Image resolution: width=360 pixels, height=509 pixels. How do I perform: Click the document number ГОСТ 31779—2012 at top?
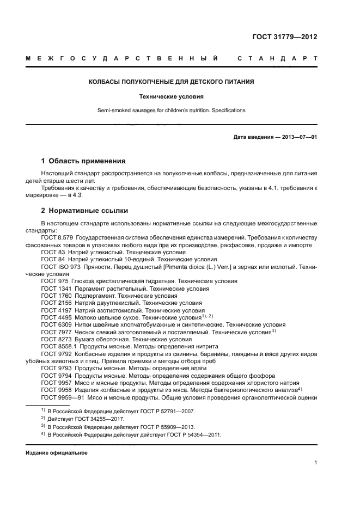[284, 37]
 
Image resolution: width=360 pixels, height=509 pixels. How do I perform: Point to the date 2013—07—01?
[298, 137]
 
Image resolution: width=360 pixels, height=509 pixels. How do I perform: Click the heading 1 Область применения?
[83, 161]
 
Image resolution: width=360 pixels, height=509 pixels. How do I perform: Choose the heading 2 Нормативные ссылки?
[84, 210]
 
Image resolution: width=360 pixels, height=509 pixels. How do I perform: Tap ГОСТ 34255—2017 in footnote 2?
[104, 419]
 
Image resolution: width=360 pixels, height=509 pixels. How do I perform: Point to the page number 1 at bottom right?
[315, 463]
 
